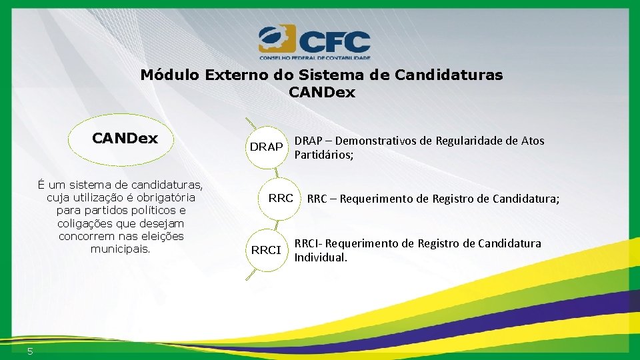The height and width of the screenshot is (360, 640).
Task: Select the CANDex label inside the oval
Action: point(125,139)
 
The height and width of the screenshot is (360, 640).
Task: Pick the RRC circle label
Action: point(281,198)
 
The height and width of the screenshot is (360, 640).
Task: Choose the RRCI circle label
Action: point(266,250)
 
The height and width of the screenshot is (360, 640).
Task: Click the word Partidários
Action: point(323,155)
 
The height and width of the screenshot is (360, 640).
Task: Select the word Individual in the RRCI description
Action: point(321,257)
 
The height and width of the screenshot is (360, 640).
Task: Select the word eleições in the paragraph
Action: point(162,236)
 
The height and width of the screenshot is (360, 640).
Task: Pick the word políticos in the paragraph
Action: point(145,211)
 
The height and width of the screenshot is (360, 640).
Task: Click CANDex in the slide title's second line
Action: point(322,93)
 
